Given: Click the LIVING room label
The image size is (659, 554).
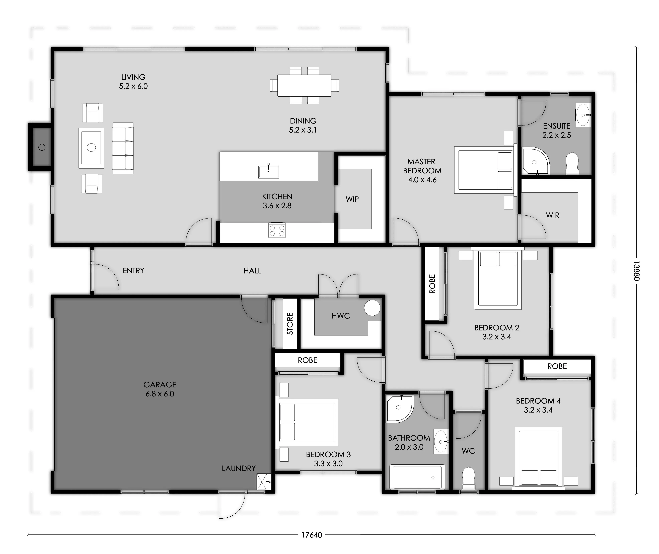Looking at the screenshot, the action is [x=133, y=77].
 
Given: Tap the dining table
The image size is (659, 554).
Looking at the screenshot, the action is [x=304, y=85].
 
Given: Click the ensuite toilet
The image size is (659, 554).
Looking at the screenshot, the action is [x=572, y=164].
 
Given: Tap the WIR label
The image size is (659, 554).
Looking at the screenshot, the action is [x=553, y=216].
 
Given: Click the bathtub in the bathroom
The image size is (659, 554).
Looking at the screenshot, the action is [x=417, y=477].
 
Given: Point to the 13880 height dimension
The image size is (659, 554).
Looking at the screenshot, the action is [x=636, y=271].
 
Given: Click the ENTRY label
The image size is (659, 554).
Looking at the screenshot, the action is [x=133, y=270].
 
